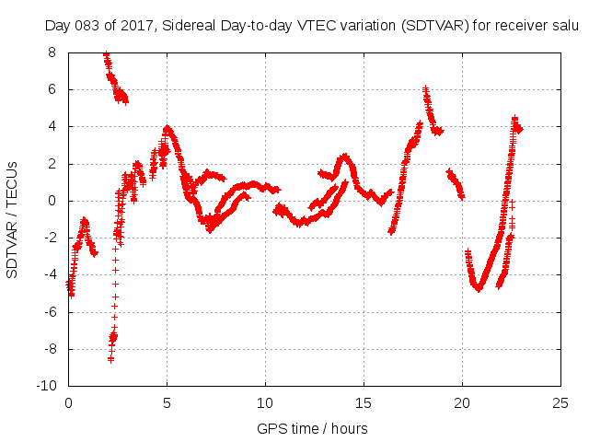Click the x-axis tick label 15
tap(364, 403)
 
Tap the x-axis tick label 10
tap(265, 403)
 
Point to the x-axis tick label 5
tap(167, 403)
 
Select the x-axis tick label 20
tap(462, 403)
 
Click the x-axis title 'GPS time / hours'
tap(314, 428)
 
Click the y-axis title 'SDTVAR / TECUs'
tap(13, 219)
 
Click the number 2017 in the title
tap(139, 25)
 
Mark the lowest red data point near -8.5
tap(110, 359)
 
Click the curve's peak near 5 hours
tap(167, 128)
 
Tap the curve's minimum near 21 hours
tap(479, 288)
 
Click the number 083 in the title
tap(90, 25)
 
